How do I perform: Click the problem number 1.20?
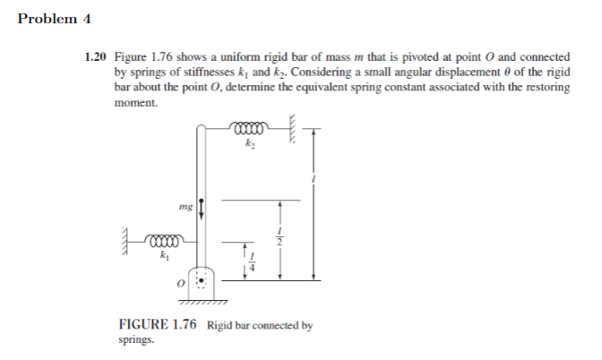click(98, 56)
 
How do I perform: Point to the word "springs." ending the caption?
click(135, 341)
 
